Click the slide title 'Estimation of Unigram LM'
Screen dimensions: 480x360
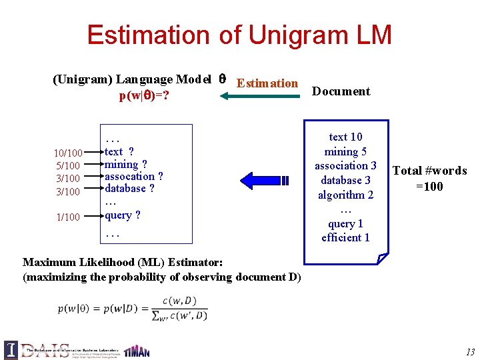tap(239, 35)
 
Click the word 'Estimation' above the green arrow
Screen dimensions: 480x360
tap(267, 83)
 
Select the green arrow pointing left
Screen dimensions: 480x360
tap(259, 97)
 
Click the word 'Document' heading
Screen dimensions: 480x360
tap(341, 91)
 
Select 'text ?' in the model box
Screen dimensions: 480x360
tap(119, 152)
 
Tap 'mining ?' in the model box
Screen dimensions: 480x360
tap(126, 164)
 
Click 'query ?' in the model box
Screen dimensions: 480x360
tap(123, 215)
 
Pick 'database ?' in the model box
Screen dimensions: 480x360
tap(129, 189)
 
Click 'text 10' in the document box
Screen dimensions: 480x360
tap(345, 137)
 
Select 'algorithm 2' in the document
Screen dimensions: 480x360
tap(345, 195)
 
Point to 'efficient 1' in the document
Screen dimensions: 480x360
tap(345, 238)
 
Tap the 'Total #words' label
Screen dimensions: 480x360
tap(429, 171)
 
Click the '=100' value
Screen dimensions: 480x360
tap(429, 186)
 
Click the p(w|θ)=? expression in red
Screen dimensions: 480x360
tap(143, 96)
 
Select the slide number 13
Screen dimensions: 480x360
tap(471, 351)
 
